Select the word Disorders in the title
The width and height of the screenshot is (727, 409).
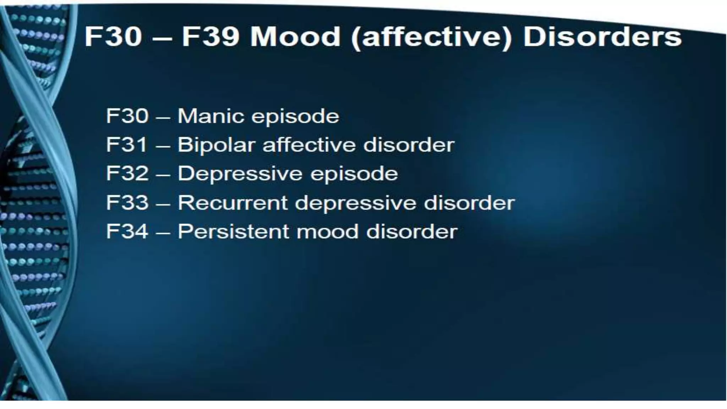(602, 37)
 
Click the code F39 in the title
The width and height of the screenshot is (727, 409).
(210, 37)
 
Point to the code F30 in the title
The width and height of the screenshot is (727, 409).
(113, 37)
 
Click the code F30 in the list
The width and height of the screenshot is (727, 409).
(127, 116)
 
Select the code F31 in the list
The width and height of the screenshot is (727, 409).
(127, 145)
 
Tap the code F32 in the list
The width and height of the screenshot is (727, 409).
(127, 174)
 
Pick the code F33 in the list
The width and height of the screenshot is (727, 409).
(127, 203)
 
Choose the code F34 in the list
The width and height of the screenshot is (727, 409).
(127, 231)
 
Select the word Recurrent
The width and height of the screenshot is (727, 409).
(233, 203)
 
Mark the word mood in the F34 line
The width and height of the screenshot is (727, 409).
(327, 231)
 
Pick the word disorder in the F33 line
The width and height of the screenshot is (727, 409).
(469, 203)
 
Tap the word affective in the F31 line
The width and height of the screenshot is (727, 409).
(309, 145)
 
